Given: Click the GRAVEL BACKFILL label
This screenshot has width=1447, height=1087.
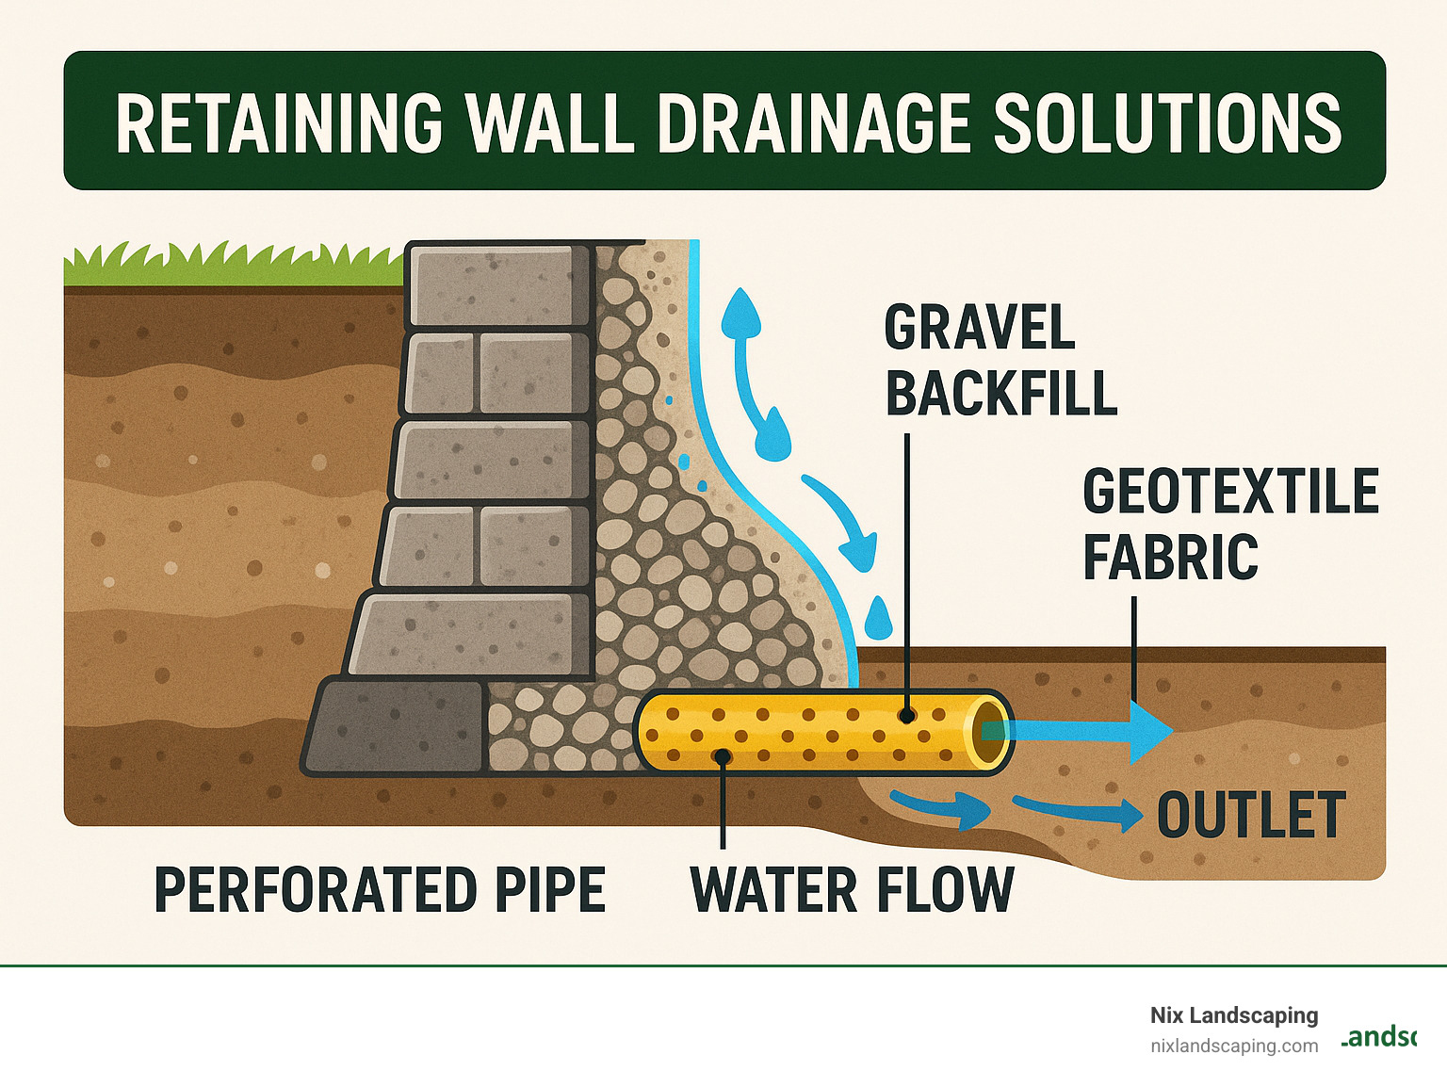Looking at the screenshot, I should click(1000, 360).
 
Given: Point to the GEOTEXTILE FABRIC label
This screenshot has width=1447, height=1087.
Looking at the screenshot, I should click(1229, 524).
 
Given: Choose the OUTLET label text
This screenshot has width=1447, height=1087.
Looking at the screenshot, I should click(1250, 816).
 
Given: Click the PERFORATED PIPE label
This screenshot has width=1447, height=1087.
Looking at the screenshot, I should click(380, 890).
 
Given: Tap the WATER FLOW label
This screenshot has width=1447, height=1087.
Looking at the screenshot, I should click(852, 890).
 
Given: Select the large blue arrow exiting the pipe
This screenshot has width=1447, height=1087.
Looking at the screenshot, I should click(1083, 731).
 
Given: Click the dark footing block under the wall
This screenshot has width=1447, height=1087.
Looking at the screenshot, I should click(396, 726).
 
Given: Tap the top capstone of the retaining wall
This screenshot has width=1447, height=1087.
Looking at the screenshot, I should click(499, 285).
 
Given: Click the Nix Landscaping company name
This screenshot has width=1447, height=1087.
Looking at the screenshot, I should click(1233, 1015).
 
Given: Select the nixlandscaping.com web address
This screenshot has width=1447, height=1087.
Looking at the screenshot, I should click(1233, 1046).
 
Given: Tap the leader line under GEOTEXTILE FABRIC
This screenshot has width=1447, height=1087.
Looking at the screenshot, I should click(1134, 650).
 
